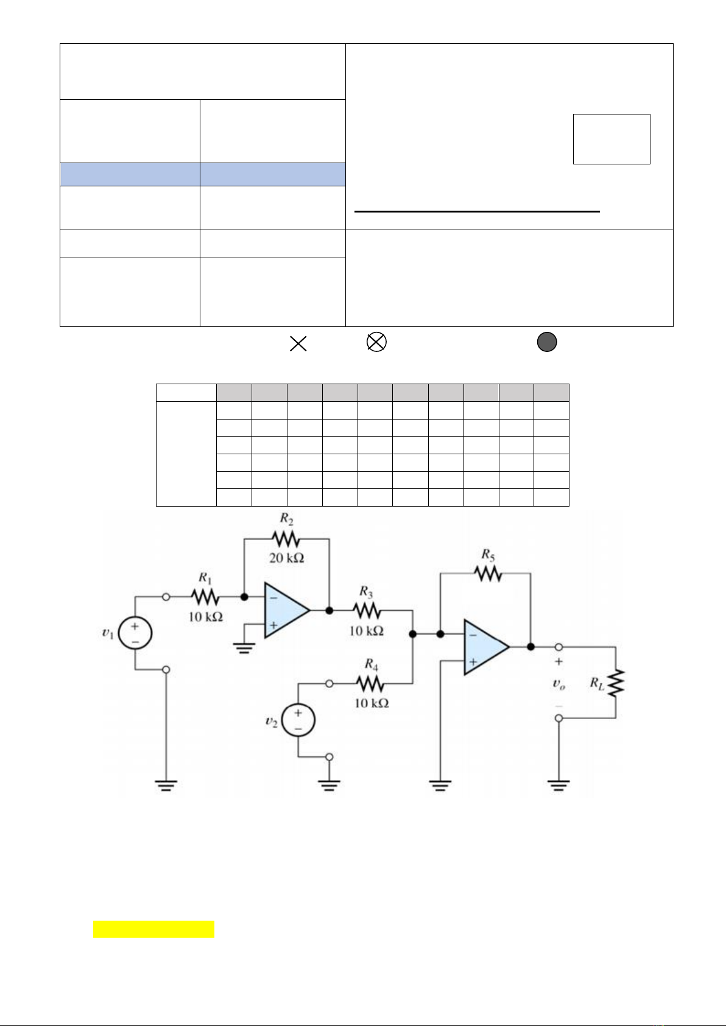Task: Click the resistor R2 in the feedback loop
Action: click(x=286, y=539)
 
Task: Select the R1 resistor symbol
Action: click(x=205, y=597)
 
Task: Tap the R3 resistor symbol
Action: click(x=366, y=610)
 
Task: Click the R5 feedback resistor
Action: click(x=488, y=573)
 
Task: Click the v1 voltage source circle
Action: click(x=135, y=633)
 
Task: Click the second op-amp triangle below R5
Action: click(x=485, y=647)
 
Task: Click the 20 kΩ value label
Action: click(x=286, y=558)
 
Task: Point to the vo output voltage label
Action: click(x=559, y=684)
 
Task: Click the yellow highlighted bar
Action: click(x=153, y=929)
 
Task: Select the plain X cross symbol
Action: click(x=298, y=343)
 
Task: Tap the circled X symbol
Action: click(x=376, y=343)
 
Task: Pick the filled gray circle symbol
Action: click(x=547, y=343)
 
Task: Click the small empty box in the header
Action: click(x=611, y=139)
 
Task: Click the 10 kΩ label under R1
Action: click(x=205, y=617)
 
